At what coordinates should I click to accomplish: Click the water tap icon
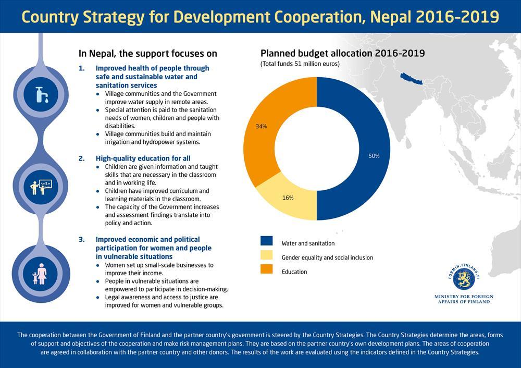tap(42, 94)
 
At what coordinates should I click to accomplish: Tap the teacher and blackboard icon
tap(41, 187)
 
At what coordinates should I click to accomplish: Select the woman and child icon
tap(40, 274)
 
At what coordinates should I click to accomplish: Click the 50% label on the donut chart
tap(374, 156)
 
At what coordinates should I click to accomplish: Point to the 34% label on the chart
tap(261, 126)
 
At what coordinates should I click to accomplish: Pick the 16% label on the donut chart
tap(288, 198)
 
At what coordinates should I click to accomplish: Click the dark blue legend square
tap(266, 241)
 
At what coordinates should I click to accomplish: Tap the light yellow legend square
tap(266, 255)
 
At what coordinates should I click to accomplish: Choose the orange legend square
tap(266, 269)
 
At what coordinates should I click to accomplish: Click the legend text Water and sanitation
tap(308, 243)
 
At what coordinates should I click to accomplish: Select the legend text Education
tap(294, 272)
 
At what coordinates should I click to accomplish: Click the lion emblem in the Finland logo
tap(464, 278)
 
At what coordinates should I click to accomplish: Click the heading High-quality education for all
tap(143, 158)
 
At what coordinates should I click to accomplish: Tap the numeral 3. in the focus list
tap(82, 240)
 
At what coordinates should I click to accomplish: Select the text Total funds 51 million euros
tap(300, 64)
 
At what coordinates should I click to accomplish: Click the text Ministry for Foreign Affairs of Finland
tap(464, 299)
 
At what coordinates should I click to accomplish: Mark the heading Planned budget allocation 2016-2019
tap(343, 54)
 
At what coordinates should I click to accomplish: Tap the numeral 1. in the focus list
tap(82, 68)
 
